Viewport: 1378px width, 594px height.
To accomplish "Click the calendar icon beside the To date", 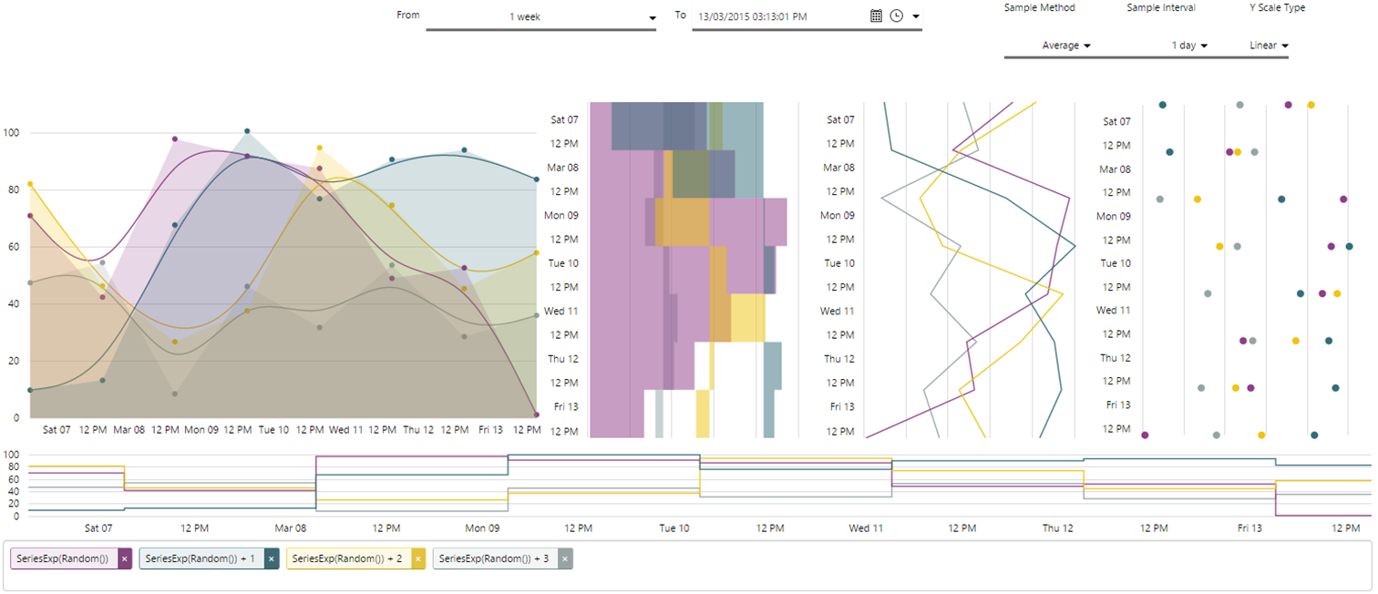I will [876, 16].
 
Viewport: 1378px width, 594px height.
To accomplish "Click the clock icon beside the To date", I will [896, 16].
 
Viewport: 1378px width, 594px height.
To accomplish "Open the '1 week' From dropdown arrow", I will [652, 18].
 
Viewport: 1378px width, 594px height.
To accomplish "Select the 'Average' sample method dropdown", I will [1066, 46].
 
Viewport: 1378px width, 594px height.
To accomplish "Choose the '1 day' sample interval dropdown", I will [1189, 46].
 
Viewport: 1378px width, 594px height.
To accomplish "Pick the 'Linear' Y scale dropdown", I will [1270, 46].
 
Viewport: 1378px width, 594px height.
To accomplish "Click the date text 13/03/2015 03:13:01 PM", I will [752, 16].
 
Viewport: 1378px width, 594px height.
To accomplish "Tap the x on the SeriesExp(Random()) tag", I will [126, 558].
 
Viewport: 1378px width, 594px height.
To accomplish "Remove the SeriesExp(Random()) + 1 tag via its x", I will [272, 558].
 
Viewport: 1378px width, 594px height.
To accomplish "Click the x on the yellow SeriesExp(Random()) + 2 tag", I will [418, 558].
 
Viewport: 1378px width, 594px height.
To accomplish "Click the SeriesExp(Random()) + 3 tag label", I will [494, 558].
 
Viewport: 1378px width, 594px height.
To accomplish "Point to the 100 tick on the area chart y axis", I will [12, 133].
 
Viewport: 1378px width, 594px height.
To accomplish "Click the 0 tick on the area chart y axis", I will [16, 418].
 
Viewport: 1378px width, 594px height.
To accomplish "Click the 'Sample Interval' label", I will [1160, 7].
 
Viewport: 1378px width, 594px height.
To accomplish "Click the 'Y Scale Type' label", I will [1277, 7].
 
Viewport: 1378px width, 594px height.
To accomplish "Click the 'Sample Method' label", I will [1039, 7].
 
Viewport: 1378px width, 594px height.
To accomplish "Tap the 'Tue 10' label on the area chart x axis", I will [273, 429].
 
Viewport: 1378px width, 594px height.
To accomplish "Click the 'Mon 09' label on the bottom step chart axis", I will [482, 527].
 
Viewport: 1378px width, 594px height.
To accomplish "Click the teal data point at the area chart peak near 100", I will [247, 131].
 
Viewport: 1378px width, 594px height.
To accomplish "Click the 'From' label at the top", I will [408, 15].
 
